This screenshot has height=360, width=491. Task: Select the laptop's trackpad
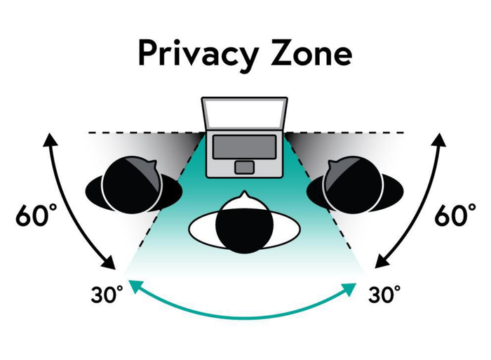click(244, 167)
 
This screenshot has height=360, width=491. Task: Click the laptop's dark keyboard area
click(244, 147)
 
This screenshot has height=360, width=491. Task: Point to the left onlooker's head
click(133, 185)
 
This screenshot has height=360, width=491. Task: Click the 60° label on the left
click(36, 215)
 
